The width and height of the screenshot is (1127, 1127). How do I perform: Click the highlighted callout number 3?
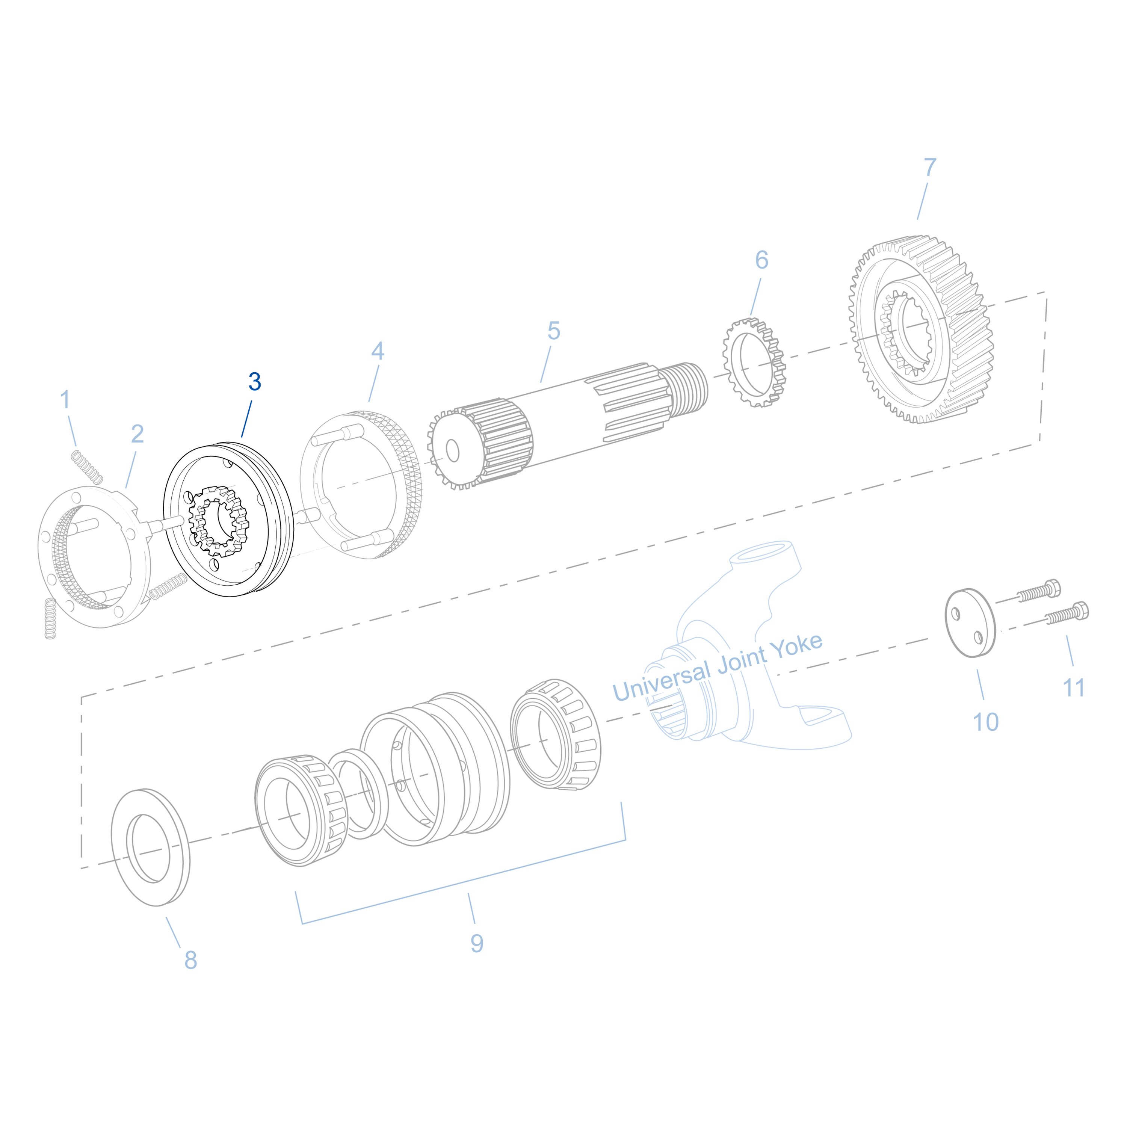pyautogui.click(x=254, y=382)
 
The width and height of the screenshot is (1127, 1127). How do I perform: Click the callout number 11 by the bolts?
pyautogui.click(x=1074, y=688)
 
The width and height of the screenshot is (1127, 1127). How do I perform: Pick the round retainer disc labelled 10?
pyautogui.click(x=970, y=623)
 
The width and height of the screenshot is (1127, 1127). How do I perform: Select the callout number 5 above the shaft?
pyautogui.click(x=554, y=331)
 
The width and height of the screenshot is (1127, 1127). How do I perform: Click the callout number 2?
pyautogui.click(x=137, y=434)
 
